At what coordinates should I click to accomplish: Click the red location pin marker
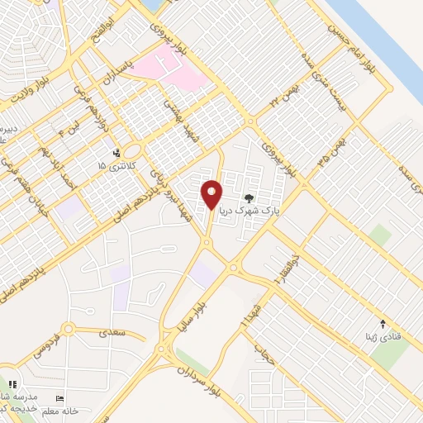(x=212, y=194)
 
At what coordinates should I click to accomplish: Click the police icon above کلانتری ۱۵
(x=116, y=153)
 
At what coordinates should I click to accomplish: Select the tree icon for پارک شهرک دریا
(x=249, y=197)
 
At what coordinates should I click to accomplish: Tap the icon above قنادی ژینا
(x=382, y=322)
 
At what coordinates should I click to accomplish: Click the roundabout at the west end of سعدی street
(x=68, y=330)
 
